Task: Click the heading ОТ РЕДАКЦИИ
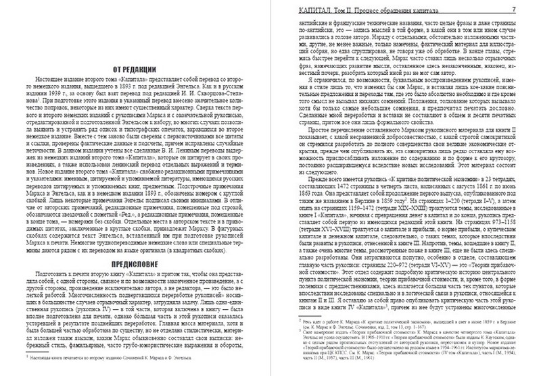pos(135,70)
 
